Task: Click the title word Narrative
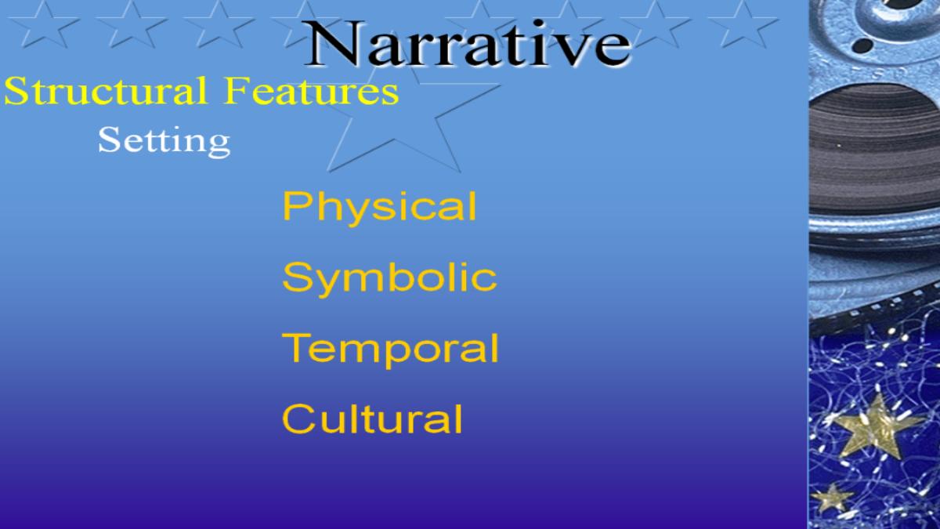pyautogui.click(x=467, y=43)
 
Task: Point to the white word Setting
pyautogui.click(x=164, y=142)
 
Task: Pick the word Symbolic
pyautogui.click(x=390, y=279)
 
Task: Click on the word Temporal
pyautogui.click(x=390, y=350)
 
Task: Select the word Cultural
pyautogui.click(x=372, y=418)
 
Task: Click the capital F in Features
pyautogui.click(x=237, y=90)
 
